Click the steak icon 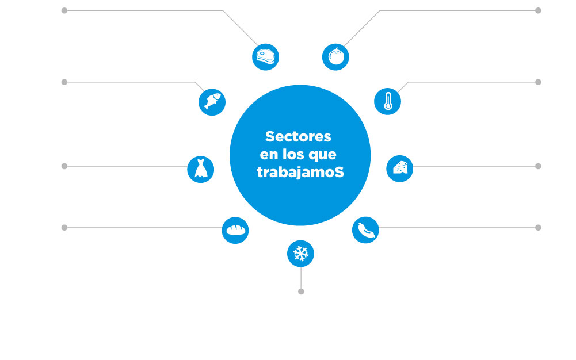tap(266, 57)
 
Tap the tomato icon tap(335, 57)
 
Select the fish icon tap(212, 102)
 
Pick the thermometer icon tap(388, 101)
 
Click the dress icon tap(201, 169)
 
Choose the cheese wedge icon tap(400, 168)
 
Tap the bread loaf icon tap(235, 230)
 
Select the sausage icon tap(365, 230)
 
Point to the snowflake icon tap(300, 254)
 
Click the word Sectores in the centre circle tap(298, 136)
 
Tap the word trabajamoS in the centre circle tap(300, 172)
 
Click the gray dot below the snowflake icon tap(301, 292)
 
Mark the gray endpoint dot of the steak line tap(64, 11)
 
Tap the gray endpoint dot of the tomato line tap(538, 11)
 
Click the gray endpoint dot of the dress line tap(64, 166)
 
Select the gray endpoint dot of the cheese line tap(538, 166)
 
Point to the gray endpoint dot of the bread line tap(64, 228)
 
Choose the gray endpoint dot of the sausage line tap(538, 228)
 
